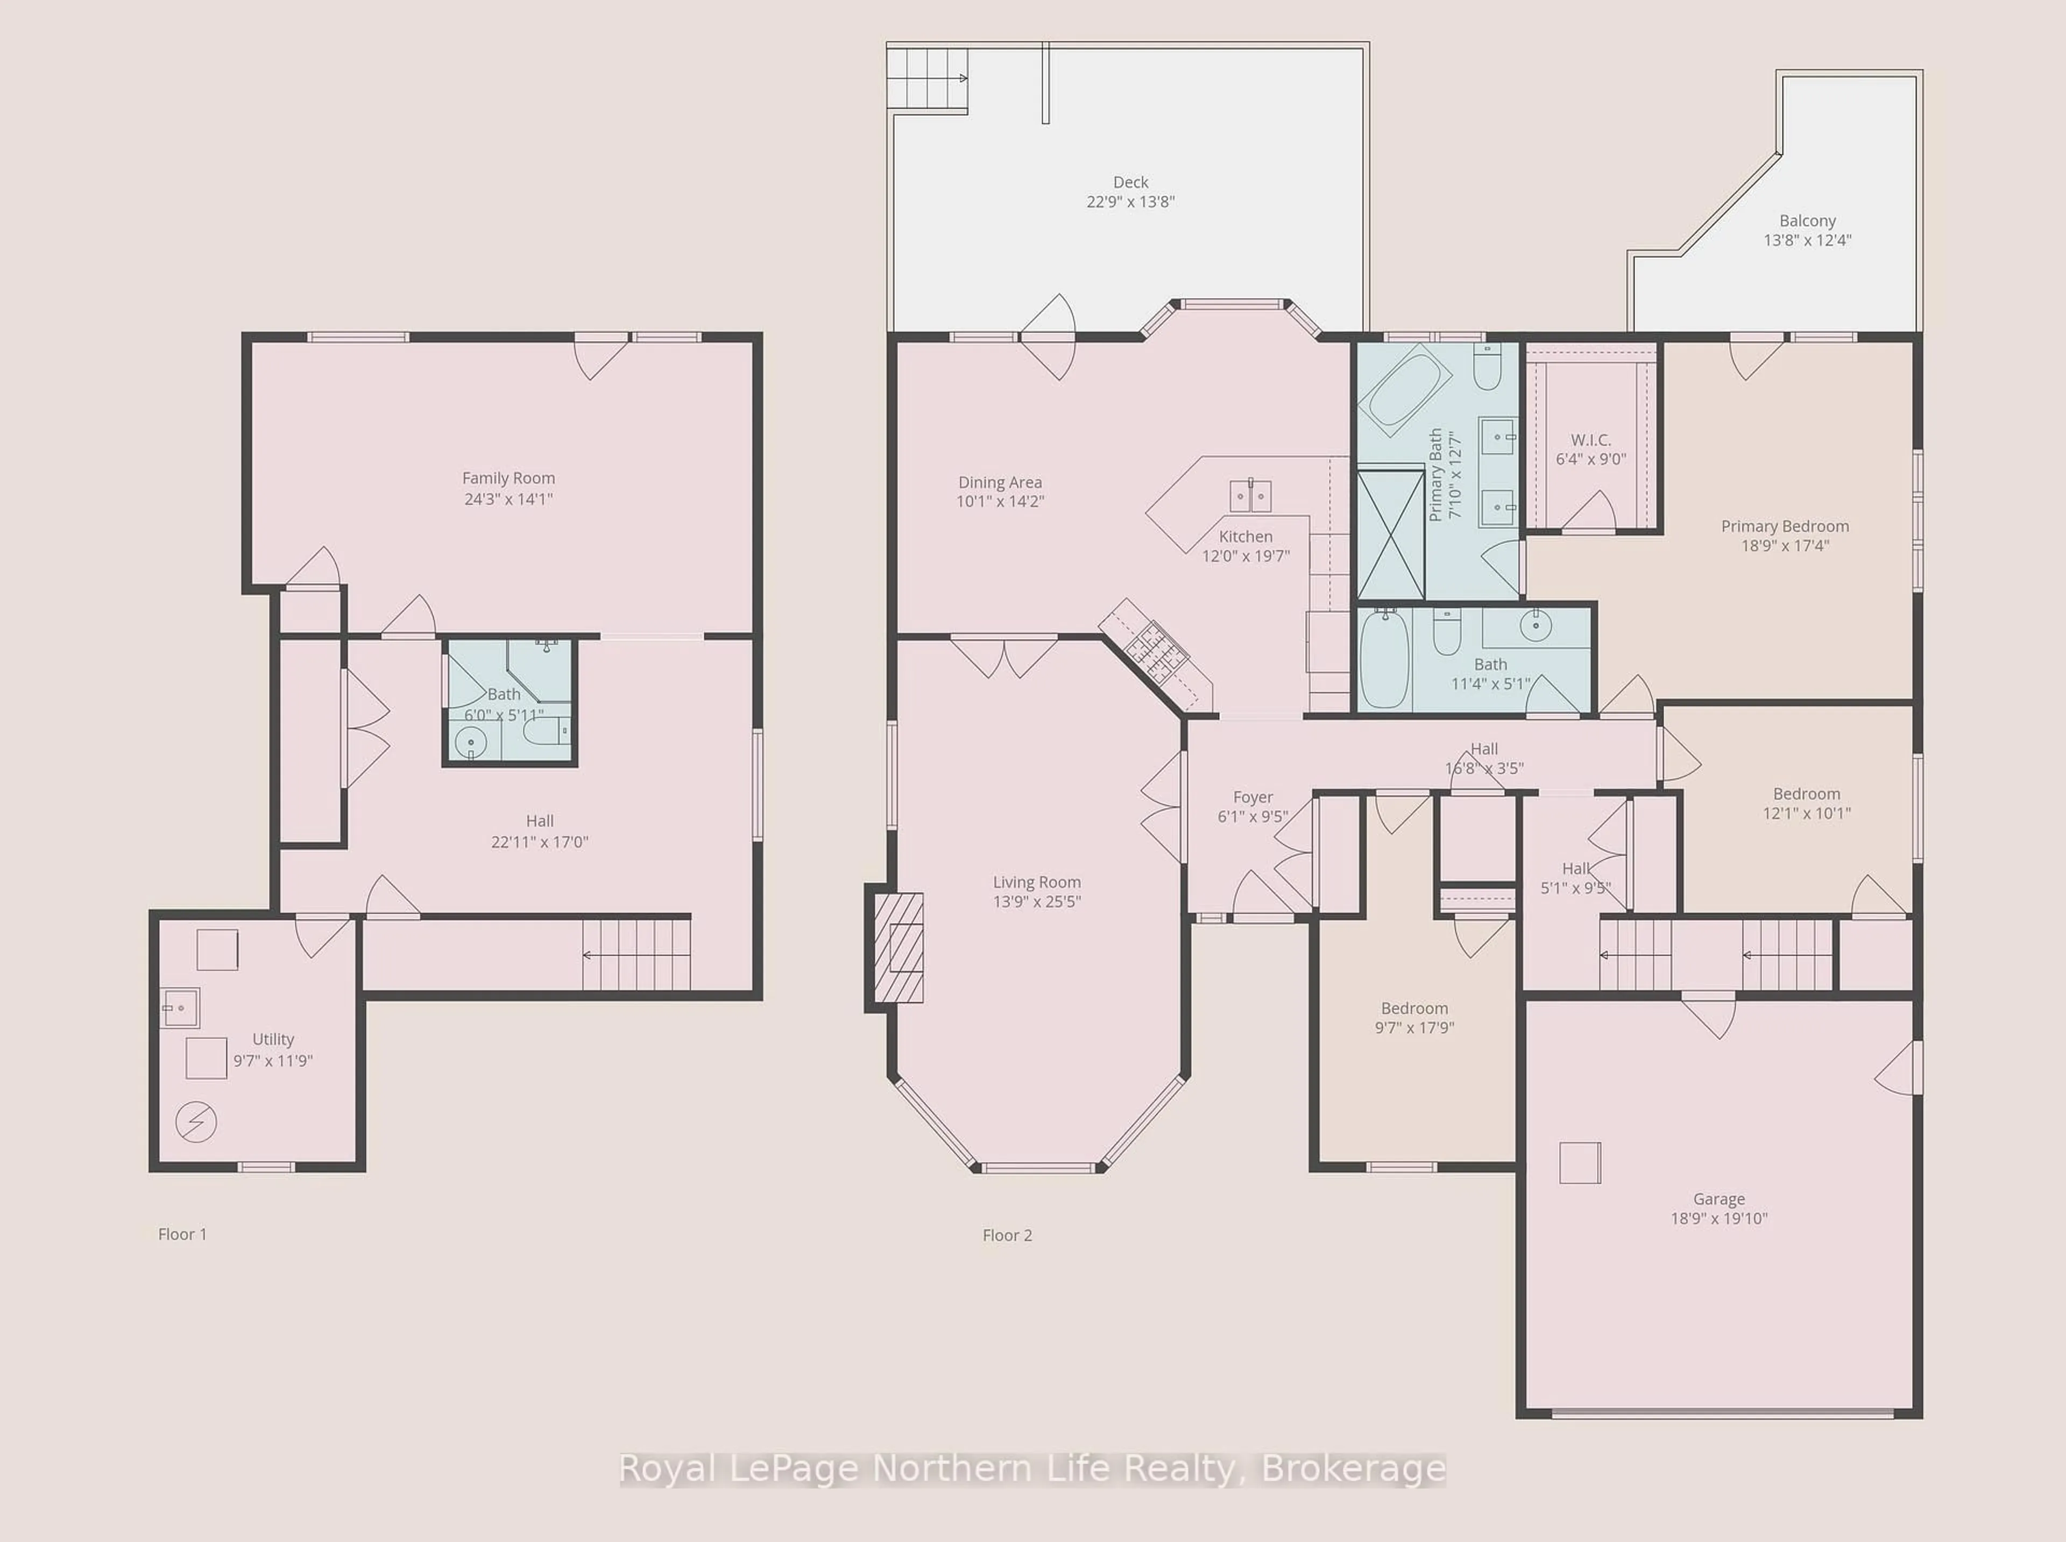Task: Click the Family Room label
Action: click(x=508, y=478)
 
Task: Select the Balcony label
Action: click(x=1808, y=221)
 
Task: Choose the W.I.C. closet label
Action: click(x=1591, y=440)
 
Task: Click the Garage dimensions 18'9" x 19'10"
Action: click(x=1719, y=1218)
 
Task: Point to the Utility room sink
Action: click(x=180, y=1008)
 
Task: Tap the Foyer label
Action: click(x=1253, y=797)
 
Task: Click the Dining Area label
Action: click(x=1000, y=483)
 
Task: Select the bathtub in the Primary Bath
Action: click(x=1404, y=390)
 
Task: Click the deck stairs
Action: click(x=926, y=79)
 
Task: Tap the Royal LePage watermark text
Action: click(x=1032, y=1469)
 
